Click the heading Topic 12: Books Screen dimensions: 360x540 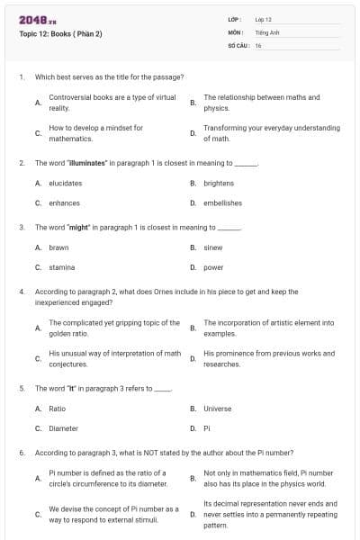(x=60, y=34)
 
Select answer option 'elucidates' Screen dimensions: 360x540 (x=65, y=183)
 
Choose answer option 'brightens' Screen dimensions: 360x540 (x=218, y=183)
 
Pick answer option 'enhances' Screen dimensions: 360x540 (x=64, y=202)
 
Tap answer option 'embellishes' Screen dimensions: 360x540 (x=222, y=202)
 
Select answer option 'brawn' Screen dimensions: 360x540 (x=58, y=247)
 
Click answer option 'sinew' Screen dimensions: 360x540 (x=213, y=247)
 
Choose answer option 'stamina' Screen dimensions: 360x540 (x=61, y=266)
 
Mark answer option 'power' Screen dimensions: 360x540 (x=213, y=266)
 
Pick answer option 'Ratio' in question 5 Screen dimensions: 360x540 (x=57, y=408)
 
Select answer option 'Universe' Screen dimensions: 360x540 (x=217, y=408)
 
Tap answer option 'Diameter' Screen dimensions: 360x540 (x=63, y=427)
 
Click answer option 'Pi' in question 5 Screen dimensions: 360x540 (x=206, y=427)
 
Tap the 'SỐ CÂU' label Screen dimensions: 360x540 (x=238, y=44)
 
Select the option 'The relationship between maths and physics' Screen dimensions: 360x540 (x=261, y=103)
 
